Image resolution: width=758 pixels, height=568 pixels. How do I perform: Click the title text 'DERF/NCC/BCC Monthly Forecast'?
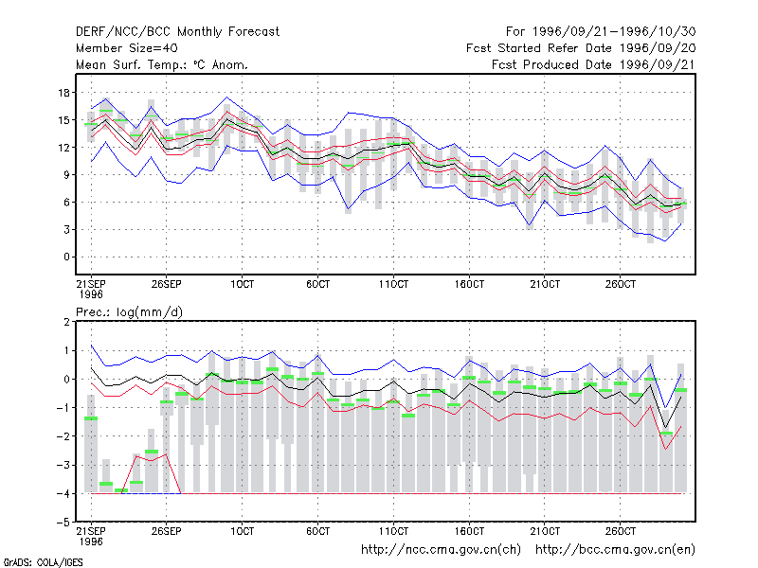(177, 32)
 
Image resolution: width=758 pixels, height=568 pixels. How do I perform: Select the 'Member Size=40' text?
(127, 48)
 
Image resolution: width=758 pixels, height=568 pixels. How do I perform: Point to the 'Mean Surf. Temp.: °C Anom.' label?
(162, 64)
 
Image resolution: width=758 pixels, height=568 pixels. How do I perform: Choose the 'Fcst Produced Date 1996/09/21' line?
(594, 64)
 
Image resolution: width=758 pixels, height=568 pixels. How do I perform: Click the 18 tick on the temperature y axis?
(63, 92)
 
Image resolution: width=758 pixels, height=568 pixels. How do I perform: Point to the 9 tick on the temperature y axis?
(66, 175)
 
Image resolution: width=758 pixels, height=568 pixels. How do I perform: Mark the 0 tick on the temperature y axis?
(66, 257)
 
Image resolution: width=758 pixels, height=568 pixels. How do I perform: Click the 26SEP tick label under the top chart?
(167, 284)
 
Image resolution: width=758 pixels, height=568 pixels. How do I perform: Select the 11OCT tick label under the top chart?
(393, 284)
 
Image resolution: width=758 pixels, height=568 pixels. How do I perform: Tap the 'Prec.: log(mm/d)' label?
(129, 312)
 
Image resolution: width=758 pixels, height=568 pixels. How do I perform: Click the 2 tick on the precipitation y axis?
(66, 322)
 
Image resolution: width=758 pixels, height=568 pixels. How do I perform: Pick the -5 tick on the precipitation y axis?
(63, 523)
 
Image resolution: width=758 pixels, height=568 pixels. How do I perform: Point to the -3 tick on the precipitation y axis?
(63, 465)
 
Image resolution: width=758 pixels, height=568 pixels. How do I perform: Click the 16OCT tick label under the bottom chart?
(469, 531)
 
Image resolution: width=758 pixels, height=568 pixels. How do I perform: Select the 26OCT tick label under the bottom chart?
(621, 531)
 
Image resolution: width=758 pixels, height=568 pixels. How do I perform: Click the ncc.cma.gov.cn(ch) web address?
(441, 550)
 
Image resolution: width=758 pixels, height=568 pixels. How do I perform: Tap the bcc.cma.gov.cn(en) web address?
(615, 550)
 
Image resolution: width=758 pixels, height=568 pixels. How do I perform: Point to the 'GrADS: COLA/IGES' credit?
(44, 562)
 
